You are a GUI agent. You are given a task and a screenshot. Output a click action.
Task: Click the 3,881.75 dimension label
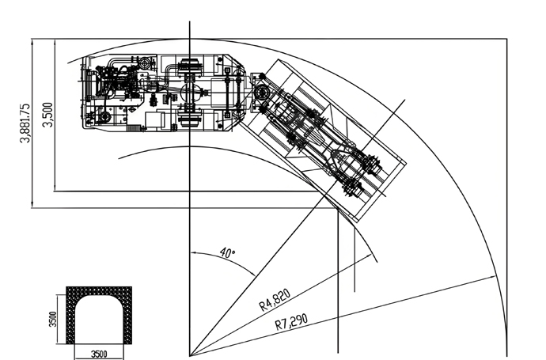pos(25,123)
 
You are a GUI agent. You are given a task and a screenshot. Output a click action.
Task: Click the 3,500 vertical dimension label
pos(48,115)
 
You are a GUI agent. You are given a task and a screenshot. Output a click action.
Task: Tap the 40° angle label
pos(228,252)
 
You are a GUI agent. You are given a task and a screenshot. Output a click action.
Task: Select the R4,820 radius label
pos(275,300)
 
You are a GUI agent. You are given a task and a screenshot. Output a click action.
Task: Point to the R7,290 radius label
pos(291,322)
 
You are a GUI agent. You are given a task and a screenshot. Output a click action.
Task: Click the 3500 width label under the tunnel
pos(99,354)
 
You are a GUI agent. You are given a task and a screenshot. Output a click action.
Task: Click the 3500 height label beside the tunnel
pos(52,319)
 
